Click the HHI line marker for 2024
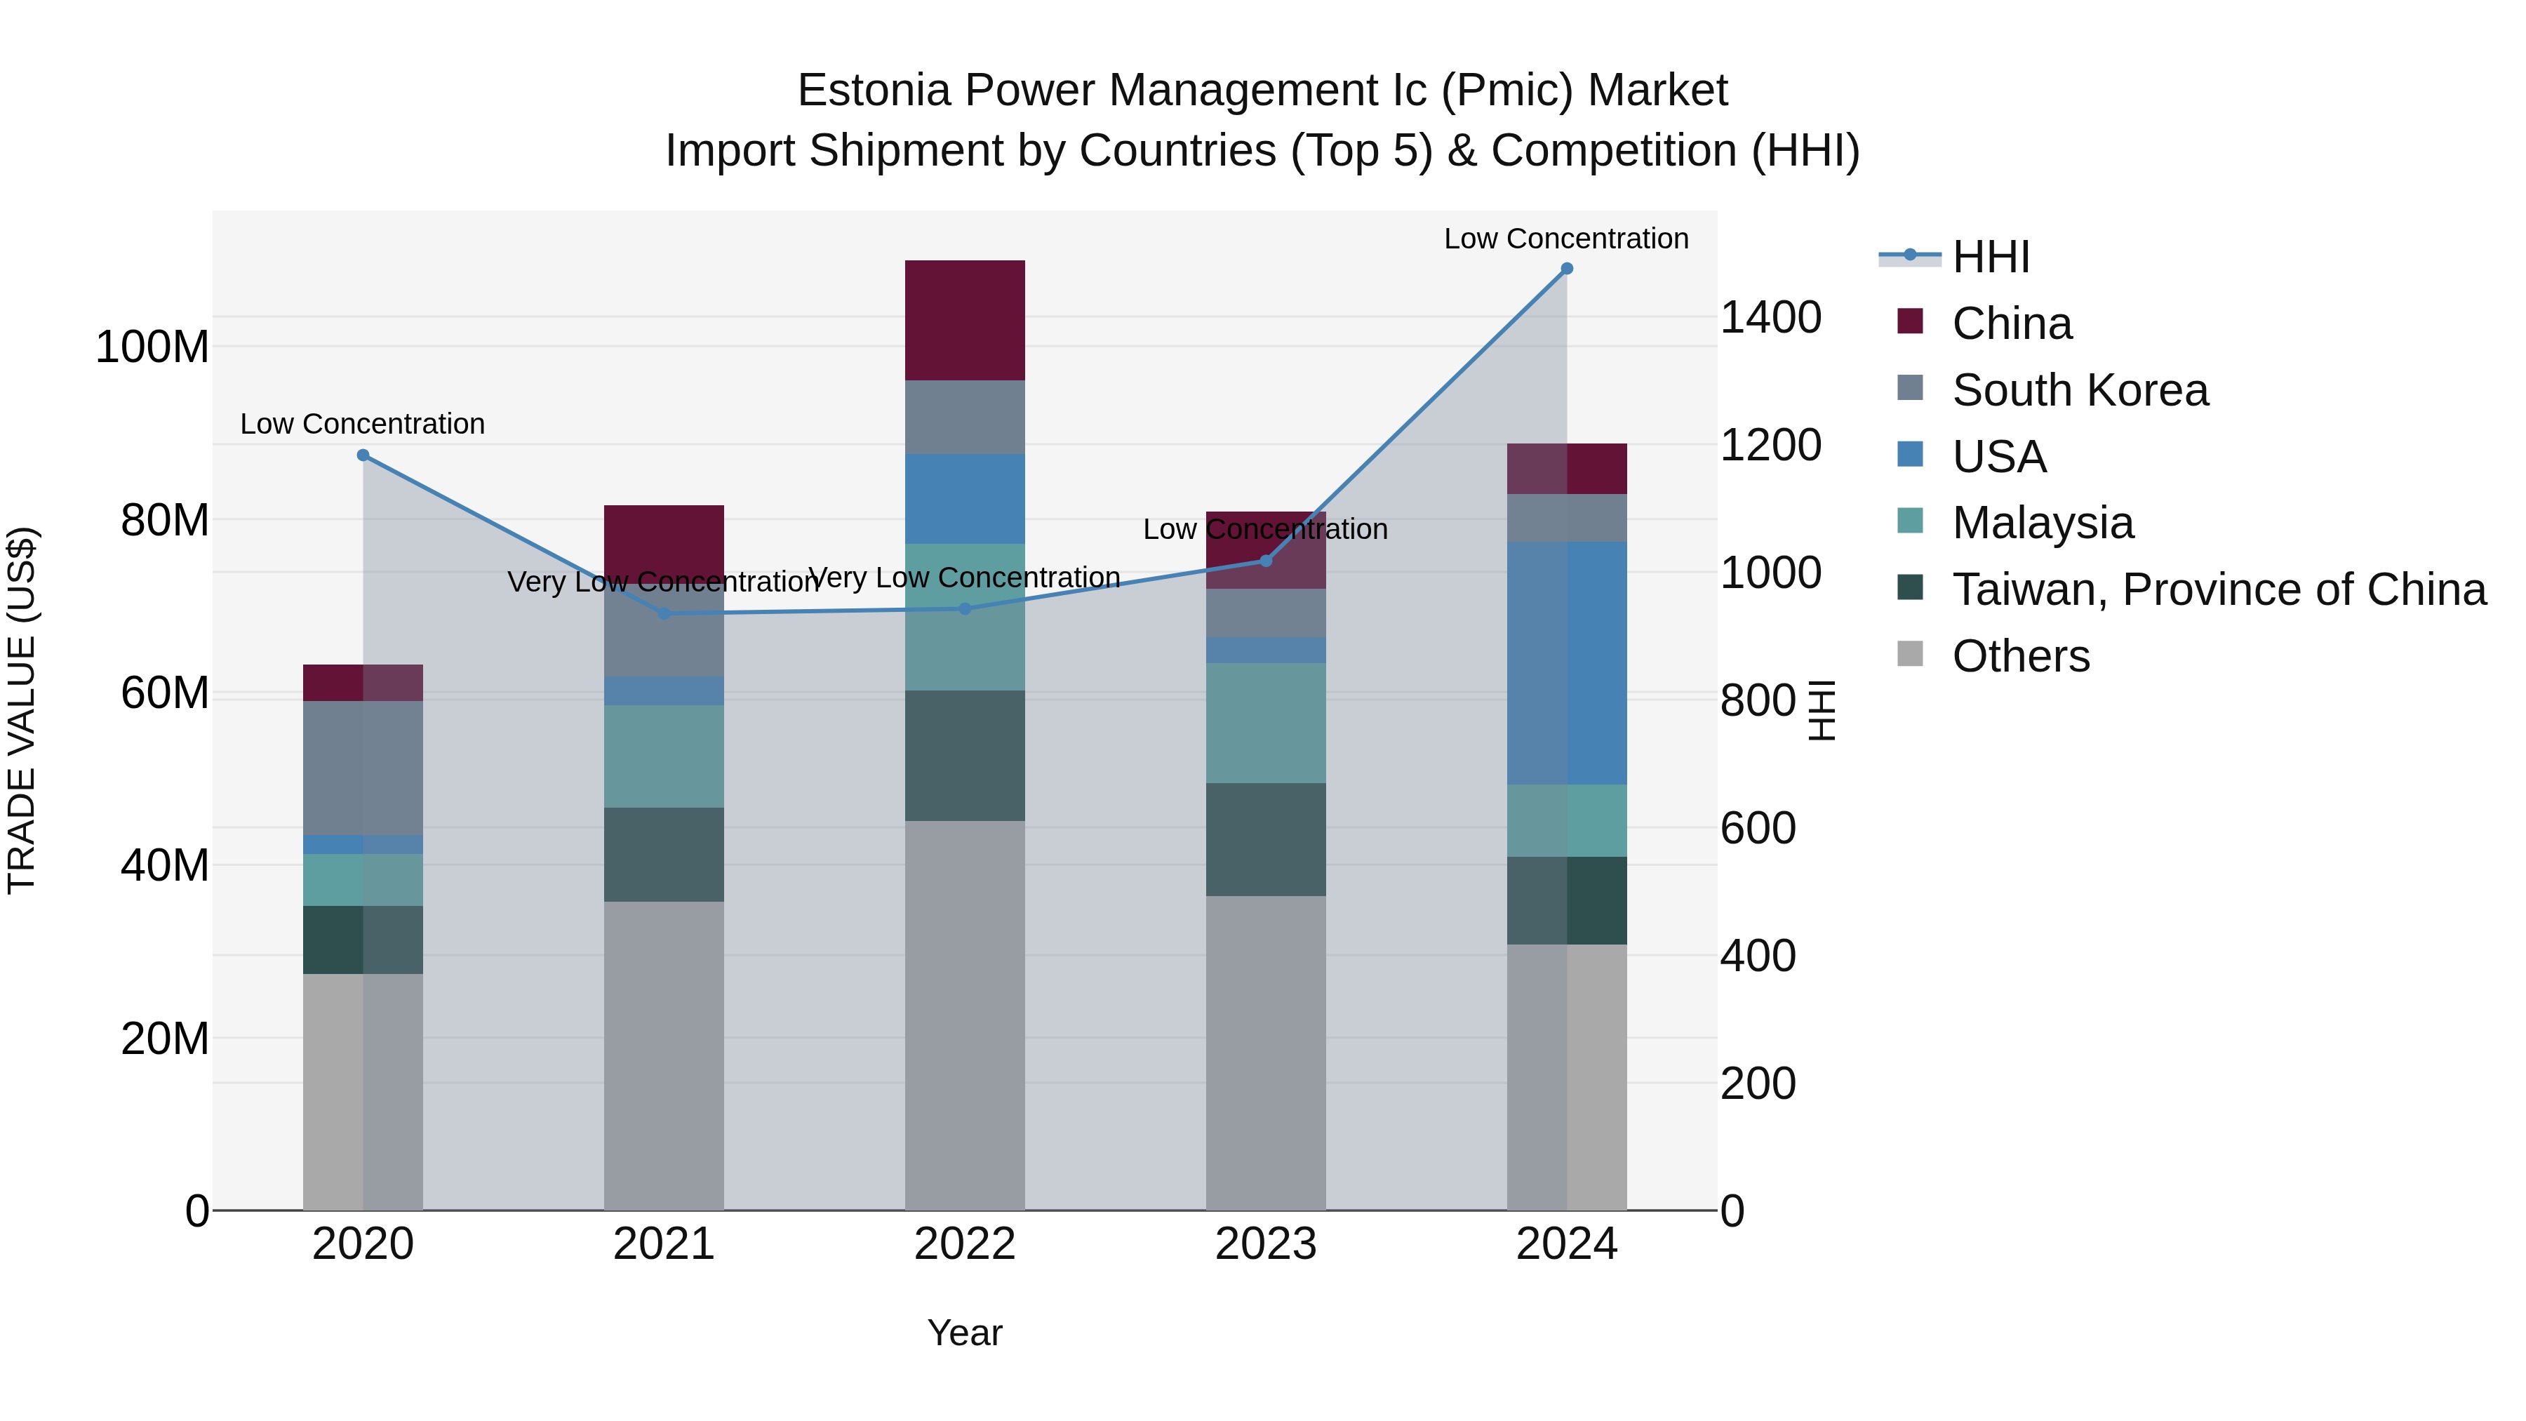(x=1566, y=269)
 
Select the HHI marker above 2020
(x=363, y=455)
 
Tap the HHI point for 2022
(x=965, y=609)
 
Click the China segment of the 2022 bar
(x=965, y=321)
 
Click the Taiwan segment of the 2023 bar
(x=1265, y=839)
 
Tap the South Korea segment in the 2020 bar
(x=363, y=768)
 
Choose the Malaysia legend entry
(x=2042, y=523)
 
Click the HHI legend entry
(x=1990, y=257)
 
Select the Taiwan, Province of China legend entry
(x=2218, y=589)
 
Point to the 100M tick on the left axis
(x=152, y=347)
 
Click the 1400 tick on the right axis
(x=1770, y=318)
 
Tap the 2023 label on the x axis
(x=1265, y=1244)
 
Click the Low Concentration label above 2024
(x=1566, y=239)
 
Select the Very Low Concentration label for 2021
(x=664, y=582)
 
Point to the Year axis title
(x=965, y=1333)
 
